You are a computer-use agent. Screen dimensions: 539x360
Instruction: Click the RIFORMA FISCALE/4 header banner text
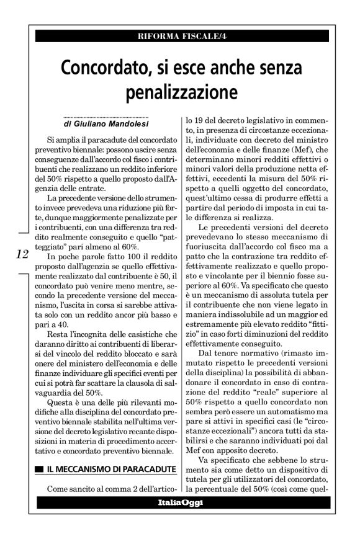click(179, 35)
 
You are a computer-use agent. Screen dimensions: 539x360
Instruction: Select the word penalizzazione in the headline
click(180, 92)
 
